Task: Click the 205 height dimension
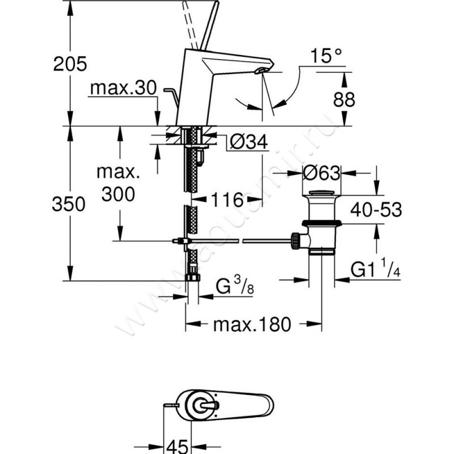[70, 64]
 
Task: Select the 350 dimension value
[69, 204]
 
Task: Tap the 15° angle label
[326, 56]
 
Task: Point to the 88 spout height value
[344, 100]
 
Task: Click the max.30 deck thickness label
[124, 88]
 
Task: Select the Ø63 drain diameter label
[322, 173]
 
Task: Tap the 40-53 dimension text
[376, 209]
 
